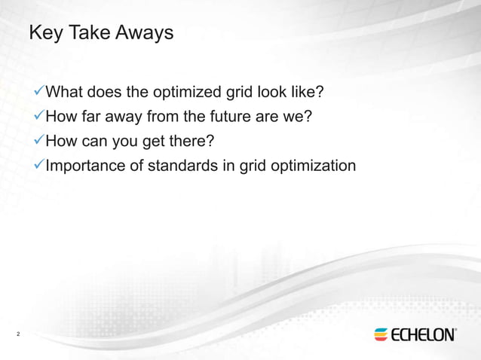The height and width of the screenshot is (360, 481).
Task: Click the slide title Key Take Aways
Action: coord(100,33)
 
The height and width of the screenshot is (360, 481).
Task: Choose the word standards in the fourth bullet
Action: coord(185,165)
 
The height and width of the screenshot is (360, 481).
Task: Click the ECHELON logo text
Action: coord(423,334)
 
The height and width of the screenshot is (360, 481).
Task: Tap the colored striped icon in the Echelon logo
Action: coord(381,334)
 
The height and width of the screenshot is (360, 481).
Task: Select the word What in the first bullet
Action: coord(64,93)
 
